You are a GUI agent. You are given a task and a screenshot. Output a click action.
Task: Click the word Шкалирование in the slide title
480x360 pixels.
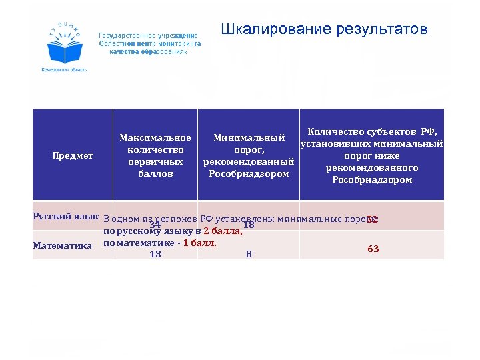click(264, 30)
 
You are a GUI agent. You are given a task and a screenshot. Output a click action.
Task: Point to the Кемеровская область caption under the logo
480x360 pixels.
click(64, 69)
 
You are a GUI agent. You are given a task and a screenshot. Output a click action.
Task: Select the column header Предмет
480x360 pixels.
click(73, 155)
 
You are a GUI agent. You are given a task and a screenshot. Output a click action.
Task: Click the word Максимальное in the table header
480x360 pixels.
click(155, 137)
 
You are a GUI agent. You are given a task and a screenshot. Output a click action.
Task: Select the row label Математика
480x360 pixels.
click(63, 245)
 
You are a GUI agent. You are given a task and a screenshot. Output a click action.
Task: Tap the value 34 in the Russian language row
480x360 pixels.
click(155, 225)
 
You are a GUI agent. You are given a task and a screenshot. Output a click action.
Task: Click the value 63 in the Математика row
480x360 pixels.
click(373, 249)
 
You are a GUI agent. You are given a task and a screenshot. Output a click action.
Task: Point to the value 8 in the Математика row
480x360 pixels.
click(249, 254)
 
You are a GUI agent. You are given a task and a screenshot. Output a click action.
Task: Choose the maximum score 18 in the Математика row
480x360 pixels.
click(155, 254)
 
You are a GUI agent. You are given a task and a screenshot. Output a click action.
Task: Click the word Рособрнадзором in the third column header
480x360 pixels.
click(249, 174)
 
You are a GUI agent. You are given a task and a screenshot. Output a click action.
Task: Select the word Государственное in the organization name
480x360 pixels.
click(123, 35)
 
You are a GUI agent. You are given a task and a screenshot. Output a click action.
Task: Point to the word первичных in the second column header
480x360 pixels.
click(155, 162)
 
